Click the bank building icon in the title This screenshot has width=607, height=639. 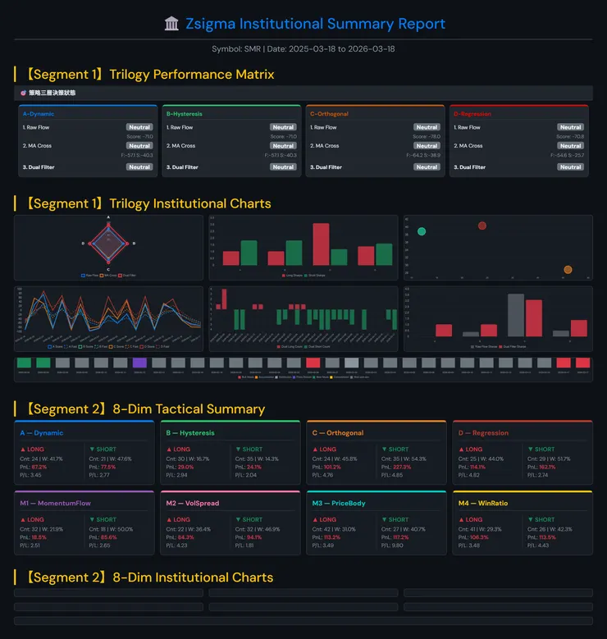coord(171,24)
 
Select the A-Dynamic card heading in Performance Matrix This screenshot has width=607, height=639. coord(38,114)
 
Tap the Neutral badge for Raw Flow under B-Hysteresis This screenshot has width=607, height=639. coord(283,127)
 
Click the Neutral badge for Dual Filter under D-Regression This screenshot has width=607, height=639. coord(570,167)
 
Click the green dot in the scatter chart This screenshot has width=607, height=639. coord(422,231)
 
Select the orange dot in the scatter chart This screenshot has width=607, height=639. coord(568,269)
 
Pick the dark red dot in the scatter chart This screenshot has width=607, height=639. coord(482,226)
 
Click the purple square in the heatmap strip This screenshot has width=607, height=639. coord(139,362)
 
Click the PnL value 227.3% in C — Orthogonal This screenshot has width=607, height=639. coord(401,467)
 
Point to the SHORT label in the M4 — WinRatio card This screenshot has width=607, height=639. coord(545,519)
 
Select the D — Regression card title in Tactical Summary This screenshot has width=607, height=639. coord(483,433)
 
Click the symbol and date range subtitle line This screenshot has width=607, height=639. coord(303,49)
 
